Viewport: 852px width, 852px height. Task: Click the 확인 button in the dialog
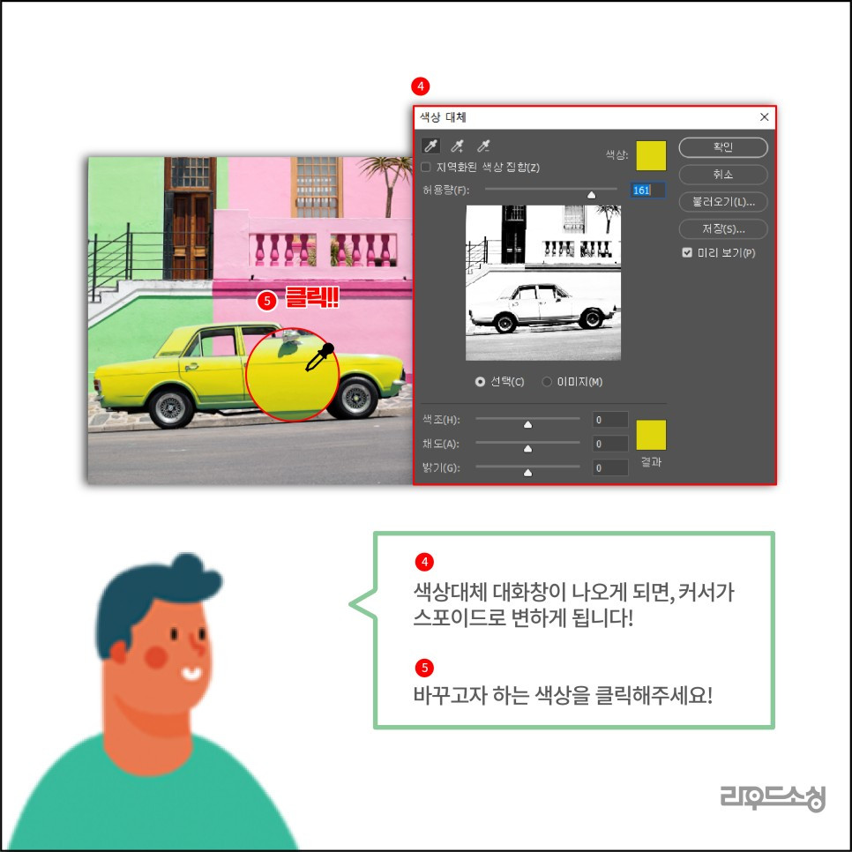722,147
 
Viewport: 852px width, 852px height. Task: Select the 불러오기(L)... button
722,202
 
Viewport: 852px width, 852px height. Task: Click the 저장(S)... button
722,229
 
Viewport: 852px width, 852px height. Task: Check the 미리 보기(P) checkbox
687,253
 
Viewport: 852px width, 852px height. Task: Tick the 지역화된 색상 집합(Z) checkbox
426,167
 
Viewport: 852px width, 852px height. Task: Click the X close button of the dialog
764,116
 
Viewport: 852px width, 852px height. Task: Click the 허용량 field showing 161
647,190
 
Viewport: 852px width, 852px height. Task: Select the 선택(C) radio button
480,382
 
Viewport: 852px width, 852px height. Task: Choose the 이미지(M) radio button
547,382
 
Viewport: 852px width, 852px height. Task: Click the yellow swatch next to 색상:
651,154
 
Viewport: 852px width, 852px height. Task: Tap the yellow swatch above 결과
651,435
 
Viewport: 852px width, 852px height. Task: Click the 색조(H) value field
610,420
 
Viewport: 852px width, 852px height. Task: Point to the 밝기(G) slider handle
527,472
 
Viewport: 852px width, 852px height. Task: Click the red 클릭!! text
311,299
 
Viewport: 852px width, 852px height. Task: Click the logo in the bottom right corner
772,797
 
